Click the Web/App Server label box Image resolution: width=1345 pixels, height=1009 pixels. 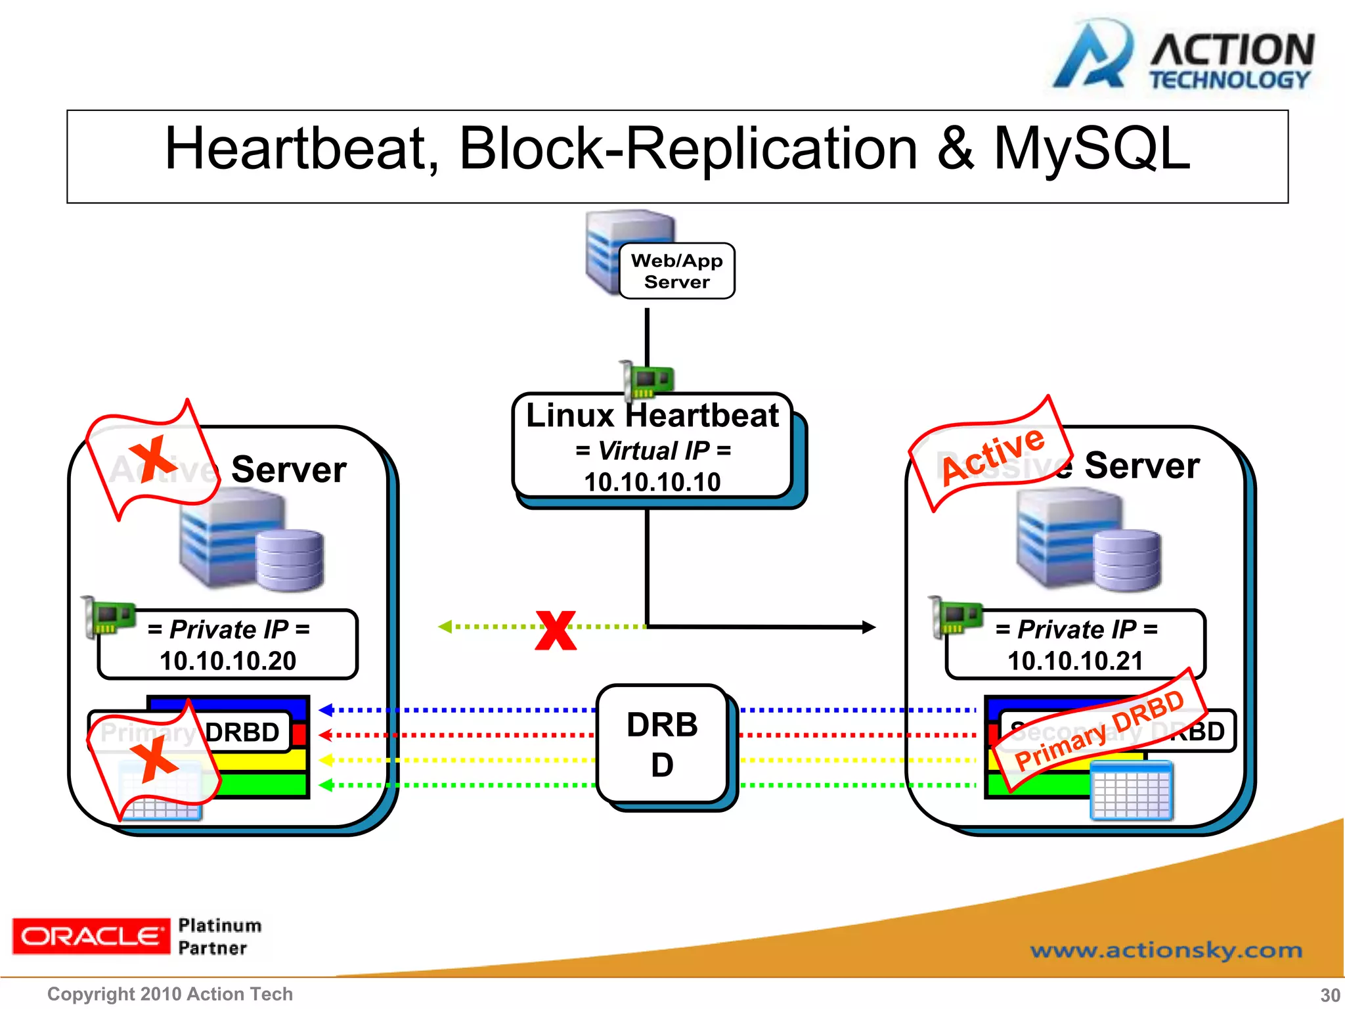pos(676,271)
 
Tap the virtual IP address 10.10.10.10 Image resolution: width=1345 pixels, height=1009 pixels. pos(652,482)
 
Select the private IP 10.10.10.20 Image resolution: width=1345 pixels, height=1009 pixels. pos(228,661)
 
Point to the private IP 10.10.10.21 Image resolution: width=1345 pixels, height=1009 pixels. pos(1075,661)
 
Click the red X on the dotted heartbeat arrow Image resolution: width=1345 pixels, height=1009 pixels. pos(556,630)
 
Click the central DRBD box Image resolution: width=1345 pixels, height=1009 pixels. pos(662,744)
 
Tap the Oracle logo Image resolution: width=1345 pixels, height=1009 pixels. pos(91,936)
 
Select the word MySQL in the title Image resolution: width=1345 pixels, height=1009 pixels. pos(1091,150)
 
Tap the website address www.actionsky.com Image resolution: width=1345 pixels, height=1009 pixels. pos(1166,950)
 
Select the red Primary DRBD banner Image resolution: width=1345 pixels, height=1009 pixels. pos(1100,730)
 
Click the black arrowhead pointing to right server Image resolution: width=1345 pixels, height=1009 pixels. pos(869,627)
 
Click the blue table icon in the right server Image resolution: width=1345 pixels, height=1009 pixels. pos(1131,791)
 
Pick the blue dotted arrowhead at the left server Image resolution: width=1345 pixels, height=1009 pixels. pos(326,709)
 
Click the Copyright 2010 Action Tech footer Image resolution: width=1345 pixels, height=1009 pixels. pos(170,994)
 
